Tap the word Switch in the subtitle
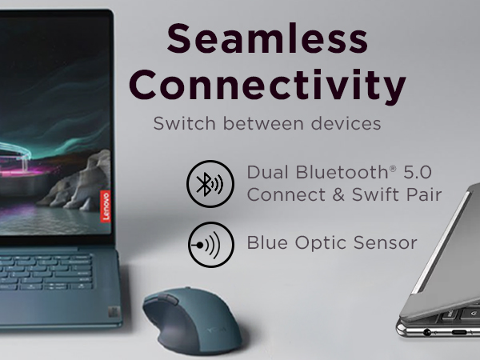[x=178, y=125]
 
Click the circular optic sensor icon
[x=210, y=244]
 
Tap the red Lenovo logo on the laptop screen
[x=104, y=206]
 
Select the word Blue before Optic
[x=268, y=242]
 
